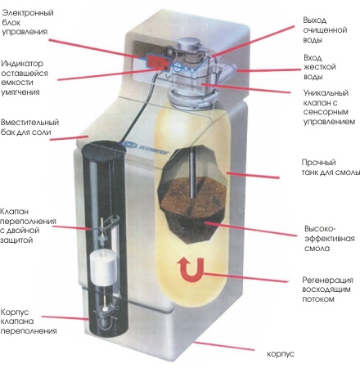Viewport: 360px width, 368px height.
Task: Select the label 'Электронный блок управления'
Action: [x=28, y=22]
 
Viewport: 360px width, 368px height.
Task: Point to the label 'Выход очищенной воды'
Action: [x=325, y=30]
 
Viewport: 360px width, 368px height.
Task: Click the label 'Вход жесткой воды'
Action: [x=319, y=67]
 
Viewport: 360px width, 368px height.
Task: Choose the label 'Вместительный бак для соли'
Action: [x=30, y=127]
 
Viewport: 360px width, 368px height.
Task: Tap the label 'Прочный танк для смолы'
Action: [x=331, y=167]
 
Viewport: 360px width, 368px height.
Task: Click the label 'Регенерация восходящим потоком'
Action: [x=327, y=289]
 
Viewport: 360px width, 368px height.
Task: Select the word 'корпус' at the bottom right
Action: [x=281, y=354]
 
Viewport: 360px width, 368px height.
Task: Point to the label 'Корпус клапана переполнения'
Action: [x=29, y=321]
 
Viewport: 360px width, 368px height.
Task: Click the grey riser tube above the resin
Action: [x=193, y=172]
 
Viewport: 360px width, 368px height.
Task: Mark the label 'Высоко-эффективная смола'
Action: [x=330, y=239]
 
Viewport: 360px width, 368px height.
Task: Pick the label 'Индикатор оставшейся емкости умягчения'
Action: [x=25, y=78]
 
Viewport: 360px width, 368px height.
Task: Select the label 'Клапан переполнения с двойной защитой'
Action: [x=28, y=226]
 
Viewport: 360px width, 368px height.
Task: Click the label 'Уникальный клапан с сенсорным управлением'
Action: [x=329, y=107]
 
